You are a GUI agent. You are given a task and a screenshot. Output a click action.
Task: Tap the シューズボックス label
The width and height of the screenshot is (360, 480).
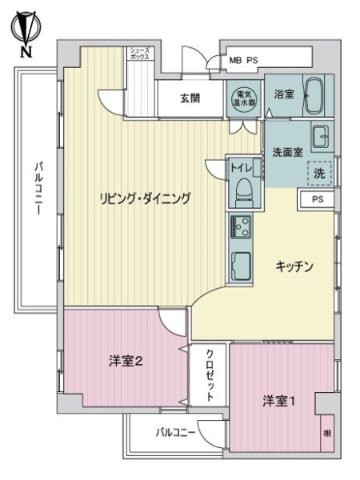pos(139,55)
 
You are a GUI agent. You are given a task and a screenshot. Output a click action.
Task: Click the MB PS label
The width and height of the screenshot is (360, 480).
pos(244,60)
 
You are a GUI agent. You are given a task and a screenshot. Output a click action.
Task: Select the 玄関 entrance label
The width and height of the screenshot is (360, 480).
pos(190,98)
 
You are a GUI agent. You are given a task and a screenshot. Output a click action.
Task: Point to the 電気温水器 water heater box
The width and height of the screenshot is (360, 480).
pos(243,98)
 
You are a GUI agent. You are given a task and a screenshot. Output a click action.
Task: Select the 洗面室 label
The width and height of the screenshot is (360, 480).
pos(286,150)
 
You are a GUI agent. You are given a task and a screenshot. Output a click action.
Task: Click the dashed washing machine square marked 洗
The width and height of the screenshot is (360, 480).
pos(320,171)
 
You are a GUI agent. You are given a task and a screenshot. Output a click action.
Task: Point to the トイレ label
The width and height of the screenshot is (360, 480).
pos(241,168)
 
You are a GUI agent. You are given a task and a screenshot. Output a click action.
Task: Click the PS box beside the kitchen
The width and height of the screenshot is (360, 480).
pos(317,199)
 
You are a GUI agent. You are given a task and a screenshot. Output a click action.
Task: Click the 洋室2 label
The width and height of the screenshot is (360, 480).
pos(126,362)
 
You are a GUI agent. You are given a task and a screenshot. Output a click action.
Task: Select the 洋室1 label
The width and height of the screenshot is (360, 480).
pos(278,401)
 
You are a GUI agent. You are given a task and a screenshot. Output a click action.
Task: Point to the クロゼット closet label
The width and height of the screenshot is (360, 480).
pos(210,375)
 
